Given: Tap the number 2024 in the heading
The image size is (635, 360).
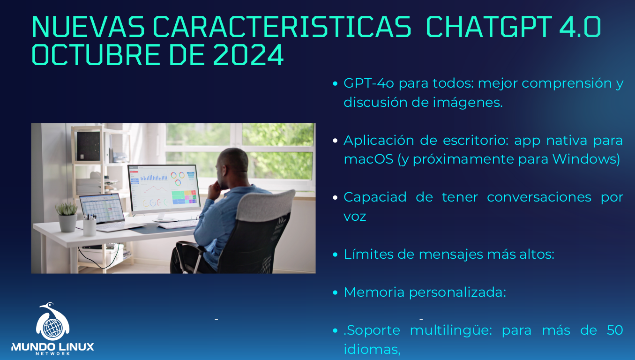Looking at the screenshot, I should point(248,55).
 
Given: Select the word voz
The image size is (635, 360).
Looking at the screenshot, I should point(355,217).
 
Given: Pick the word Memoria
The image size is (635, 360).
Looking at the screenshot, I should point(374,292).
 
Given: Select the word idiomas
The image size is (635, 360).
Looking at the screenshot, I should point(372,350).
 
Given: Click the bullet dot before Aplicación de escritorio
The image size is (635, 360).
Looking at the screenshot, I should point(335,141).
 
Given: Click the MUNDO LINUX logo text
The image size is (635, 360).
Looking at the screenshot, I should point(52,347).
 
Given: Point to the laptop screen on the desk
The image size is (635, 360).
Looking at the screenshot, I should point(101,209).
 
